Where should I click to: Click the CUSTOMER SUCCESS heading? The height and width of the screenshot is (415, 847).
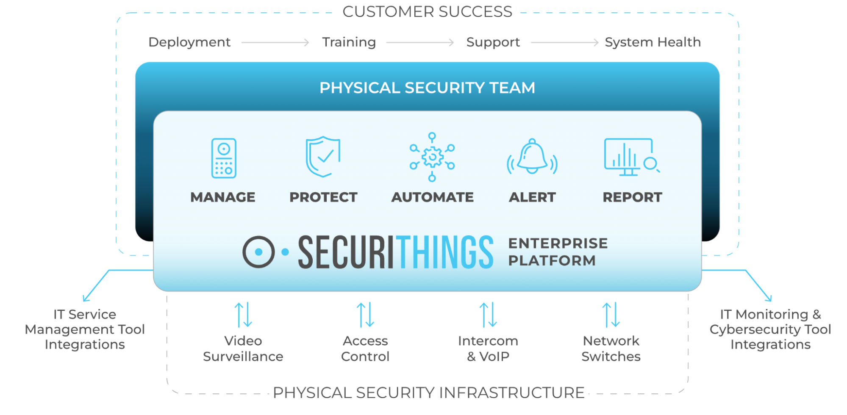tap(427, 12)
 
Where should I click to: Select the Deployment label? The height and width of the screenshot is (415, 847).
tap(189, 42)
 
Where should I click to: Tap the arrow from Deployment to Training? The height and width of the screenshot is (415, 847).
tap(275, 42)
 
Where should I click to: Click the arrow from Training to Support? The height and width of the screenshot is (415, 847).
tap(420, 42)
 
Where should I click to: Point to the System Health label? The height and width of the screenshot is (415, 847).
tap(653, 42)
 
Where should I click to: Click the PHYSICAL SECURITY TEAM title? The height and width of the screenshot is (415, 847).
tap(427, 88)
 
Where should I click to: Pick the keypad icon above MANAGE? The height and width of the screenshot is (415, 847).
tap(224, 158)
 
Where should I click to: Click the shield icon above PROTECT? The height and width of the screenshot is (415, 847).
tap(323, 156)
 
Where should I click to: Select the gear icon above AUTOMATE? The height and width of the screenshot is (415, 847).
tap(432, 157)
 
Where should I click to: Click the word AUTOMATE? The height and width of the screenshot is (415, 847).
tap(432, 197)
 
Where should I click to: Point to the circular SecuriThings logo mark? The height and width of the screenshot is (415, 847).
tap(259, 252)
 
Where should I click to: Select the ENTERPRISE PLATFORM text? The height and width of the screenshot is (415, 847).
tap(558, 252)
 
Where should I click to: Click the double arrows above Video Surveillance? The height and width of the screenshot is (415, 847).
tap(244, 315)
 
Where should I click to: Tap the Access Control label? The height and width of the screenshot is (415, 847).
tap(365, 349)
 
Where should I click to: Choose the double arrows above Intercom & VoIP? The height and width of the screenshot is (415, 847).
tap(488, 315)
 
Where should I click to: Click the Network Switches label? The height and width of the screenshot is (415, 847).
tap(611, 349)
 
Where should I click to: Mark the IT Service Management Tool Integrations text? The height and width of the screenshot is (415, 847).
tap(85, 329)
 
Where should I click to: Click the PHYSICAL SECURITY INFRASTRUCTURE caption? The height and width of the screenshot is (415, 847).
tap(428, 393)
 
